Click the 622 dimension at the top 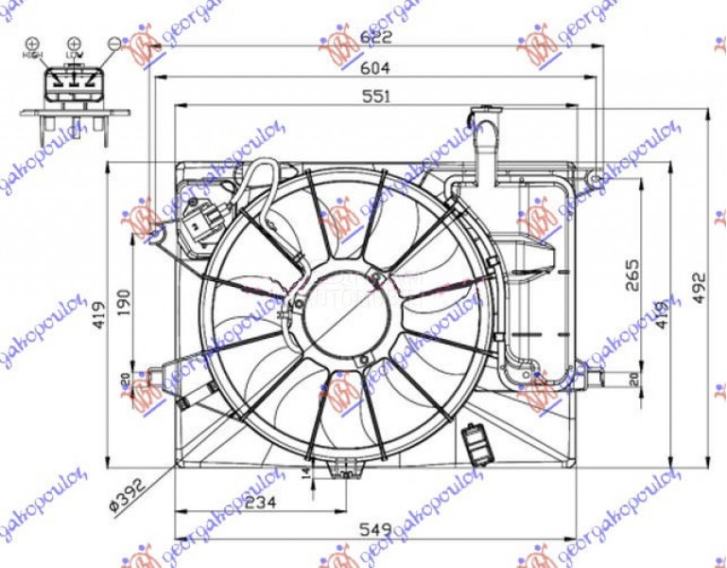pyautogui.click(x=375, y=39)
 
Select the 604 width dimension pyautogui.click(x=375, y=68)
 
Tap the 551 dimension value pyautogui.click(x=375, y=96)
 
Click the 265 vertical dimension pyautogui.click(x=632, y=275)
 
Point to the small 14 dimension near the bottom pyautogui.click(x=304, y=470)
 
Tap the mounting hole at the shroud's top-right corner pyautogui.click(x=594, y=178)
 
